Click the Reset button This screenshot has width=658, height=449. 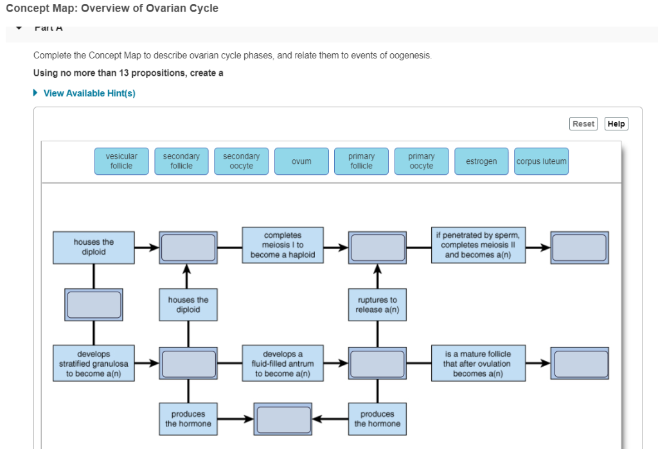[583, 124]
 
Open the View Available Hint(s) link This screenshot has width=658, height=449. [89, 93]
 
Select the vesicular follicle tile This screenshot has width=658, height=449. [121, 161]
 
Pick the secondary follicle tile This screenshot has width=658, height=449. [181, 161]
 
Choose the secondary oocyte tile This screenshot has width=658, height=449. [241, 161]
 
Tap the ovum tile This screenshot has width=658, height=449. [301, 161]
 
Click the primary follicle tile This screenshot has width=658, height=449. [361, 161]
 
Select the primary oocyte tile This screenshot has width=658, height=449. [421, 161]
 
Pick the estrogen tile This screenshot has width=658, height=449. [481, 161]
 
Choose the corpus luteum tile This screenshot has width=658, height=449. [541, 161]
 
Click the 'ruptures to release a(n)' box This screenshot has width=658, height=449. [377, 305]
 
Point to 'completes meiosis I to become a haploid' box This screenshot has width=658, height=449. [282, 245]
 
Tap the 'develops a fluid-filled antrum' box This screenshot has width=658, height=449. [282, 364]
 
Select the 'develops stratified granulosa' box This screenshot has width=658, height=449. [94, 364]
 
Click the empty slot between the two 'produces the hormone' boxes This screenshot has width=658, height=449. [283, 419]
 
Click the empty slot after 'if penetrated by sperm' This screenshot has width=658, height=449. [580, 247]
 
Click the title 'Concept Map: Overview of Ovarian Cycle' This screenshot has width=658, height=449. [112, 8]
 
